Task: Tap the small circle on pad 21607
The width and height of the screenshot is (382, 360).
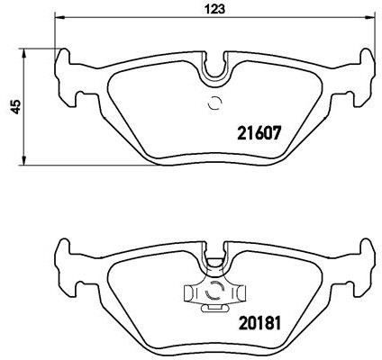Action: point(214,102)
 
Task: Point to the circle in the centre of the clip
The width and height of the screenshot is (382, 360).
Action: point(214,293)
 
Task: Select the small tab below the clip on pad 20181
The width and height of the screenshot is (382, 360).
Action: point(214,310)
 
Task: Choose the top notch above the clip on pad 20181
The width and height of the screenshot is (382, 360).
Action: point(214,263)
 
